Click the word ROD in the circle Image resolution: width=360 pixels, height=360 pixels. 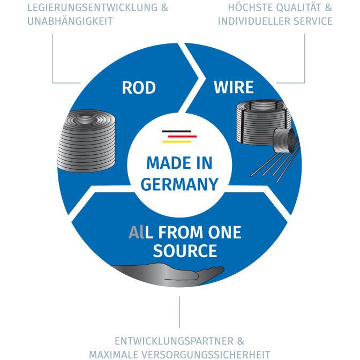tap(139, 87)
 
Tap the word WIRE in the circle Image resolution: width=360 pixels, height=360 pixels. tap(234, 87)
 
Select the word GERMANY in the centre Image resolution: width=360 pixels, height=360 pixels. tap(179, 184)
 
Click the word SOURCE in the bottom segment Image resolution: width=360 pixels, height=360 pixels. tap(185, 251)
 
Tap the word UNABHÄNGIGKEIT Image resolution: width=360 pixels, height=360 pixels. tap(69, 21)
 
